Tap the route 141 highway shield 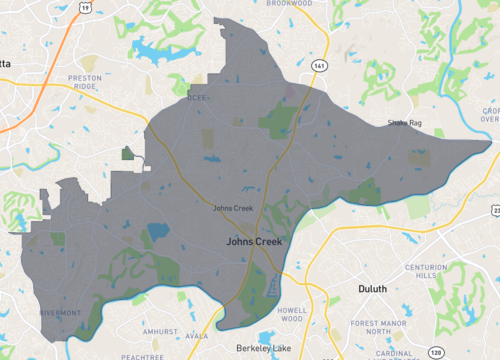point(318,64)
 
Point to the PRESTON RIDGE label point(93,81)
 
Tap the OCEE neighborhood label point(196,98)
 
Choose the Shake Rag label point(404,124)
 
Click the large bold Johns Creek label point(254,241)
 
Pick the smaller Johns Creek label point(231,208)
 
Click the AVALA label point(196,336)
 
